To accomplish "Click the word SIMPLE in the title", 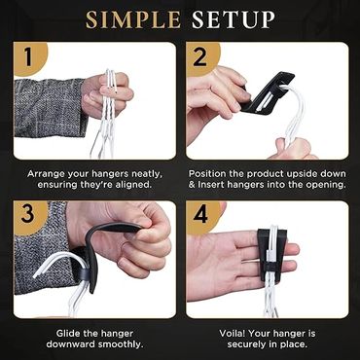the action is pos(133,19).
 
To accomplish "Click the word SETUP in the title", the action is pos(234,19).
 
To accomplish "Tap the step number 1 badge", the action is pos(28,58).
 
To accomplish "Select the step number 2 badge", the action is pos(201,58).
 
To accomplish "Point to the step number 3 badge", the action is pos(28,217).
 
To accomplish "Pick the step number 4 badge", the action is pos(201,217).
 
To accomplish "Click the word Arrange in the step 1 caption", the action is pos(45,174).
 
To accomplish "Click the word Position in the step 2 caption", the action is pos(206,174).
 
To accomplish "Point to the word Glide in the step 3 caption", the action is pos(67,333).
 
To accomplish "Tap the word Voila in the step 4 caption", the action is pos(232,333).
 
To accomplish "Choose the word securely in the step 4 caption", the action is pos(247,344).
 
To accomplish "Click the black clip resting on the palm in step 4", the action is pos(271,254).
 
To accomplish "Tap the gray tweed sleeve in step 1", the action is pos(51,108).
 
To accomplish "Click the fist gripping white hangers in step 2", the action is pos(293,149).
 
